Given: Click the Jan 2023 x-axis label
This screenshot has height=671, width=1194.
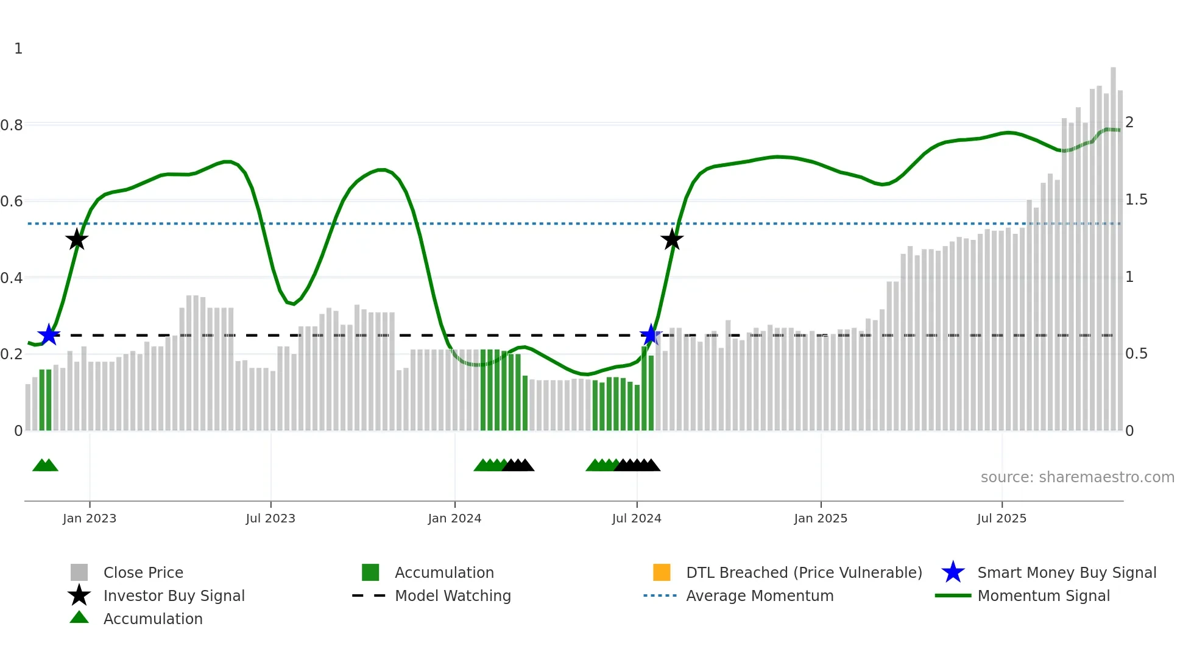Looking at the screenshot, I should (x=90, y=519).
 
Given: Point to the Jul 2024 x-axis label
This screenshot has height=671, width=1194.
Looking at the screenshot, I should (x=637, y=519).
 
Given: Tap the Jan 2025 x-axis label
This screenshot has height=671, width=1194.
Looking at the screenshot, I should (x=821, y=519).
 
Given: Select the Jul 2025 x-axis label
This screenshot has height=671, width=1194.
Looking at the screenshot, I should (x=1001, y=519).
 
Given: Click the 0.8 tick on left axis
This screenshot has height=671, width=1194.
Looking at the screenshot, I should (x=12, y=125).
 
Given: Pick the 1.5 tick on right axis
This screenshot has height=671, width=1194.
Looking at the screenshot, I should (x=1136, y=200).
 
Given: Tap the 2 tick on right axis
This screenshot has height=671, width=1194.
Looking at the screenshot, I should (x=1129, y=122).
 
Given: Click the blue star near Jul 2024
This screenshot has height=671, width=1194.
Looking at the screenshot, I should (x=651, y=335).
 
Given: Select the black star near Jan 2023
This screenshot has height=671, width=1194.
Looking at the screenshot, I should (x=77, y=240).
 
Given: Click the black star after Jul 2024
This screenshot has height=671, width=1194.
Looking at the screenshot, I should (x=672, y=240).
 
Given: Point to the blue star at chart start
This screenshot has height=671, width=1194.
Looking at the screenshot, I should (x=49, y=335).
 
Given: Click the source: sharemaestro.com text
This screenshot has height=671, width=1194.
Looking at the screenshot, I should (x=1077, y=477).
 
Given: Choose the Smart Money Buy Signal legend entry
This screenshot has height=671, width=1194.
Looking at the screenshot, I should (x=1066, y=573).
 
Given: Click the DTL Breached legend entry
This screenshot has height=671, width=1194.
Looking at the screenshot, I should (x=804, y=573).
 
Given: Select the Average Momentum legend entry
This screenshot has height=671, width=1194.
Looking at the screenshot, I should (x=759, y=596).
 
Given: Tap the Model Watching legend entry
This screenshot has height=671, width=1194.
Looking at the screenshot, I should (x=452, y=596).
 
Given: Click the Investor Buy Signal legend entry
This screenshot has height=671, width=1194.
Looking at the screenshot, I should (x=174, y=596).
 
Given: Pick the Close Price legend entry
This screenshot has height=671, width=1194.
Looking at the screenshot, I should (x=143, y=573).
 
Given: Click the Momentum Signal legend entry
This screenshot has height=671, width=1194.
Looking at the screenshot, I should (x=1043, y=596).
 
